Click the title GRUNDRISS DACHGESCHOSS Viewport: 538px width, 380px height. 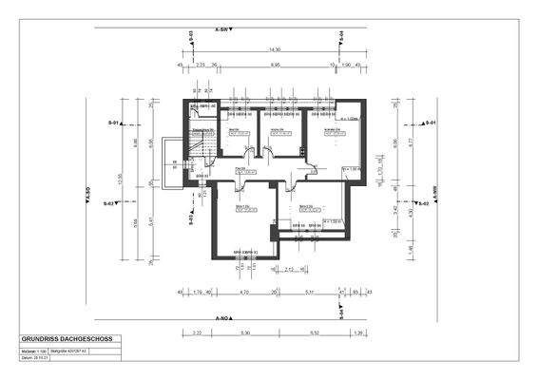[63, 339]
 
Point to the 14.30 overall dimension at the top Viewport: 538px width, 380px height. [274, 49]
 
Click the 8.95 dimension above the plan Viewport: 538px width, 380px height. [276, 65]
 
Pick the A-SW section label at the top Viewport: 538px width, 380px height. [223, 29]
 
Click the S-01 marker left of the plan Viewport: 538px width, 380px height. [111, 123]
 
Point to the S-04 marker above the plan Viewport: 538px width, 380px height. [340, 37]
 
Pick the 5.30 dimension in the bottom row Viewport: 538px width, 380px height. [244, 333]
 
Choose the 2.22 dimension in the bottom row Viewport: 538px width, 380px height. [195, 333]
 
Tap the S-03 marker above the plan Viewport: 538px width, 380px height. [190, 37]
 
